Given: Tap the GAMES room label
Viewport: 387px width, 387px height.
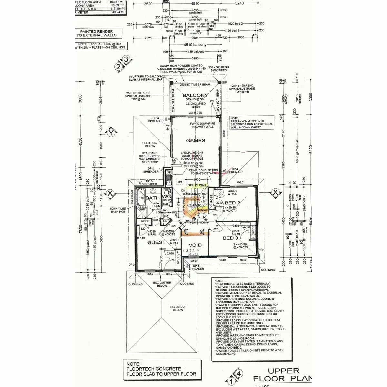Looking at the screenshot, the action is (195, 141).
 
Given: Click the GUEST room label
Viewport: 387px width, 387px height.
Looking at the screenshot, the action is (156, 242).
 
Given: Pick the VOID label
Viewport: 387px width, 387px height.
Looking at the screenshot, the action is (195, 245).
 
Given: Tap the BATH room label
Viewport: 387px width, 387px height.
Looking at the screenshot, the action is (153, 198).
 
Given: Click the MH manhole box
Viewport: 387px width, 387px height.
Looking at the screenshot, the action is (179, 182).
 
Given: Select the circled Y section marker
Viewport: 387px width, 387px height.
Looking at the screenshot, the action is (112, 133).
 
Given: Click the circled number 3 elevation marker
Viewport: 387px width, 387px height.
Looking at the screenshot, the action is (126, 59).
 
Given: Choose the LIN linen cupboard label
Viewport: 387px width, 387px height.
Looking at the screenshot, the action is (165, 221).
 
